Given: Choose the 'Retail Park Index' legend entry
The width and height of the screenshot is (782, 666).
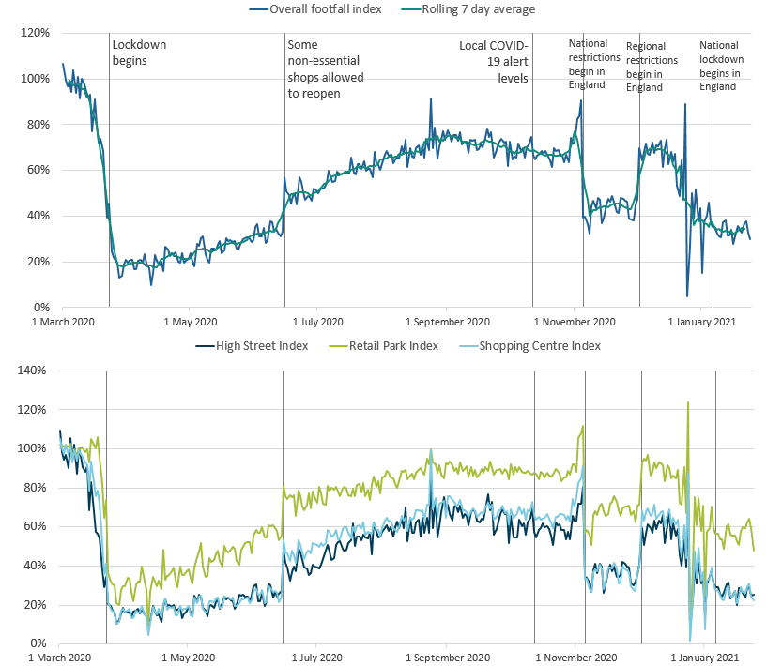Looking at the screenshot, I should click(393, 346).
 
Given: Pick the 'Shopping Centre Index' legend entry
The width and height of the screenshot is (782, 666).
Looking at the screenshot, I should click(540, 346).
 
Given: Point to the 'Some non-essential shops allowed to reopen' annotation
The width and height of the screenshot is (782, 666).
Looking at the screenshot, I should click(325, 69).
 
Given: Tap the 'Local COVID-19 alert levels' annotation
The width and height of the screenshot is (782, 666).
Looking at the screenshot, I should click(495, 61).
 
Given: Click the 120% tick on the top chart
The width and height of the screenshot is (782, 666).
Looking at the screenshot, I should click(35, 33).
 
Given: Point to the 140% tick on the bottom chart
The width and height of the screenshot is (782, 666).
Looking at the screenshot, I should click(33, 371).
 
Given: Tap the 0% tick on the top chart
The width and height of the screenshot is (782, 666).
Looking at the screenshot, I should click(40, 308).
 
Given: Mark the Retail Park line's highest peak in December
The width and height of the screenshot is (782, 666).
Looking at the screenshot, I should click(688, 402).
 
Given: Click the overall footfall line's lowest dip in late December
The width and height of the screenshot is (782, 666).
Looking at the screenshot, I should click(687, 296).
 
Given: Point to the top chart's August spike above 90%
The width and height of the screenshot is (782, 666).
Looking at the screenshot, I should click(431, 98).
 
